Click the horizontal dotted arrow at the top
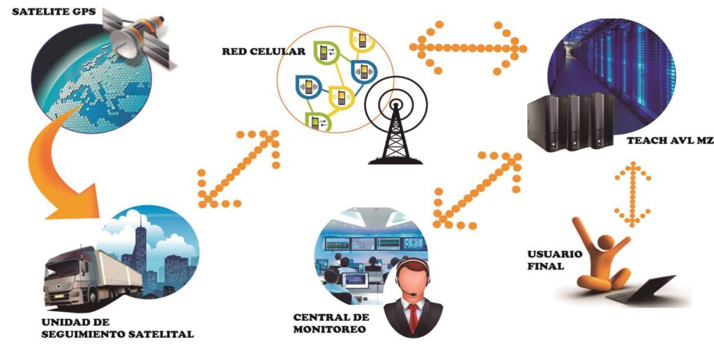pos(467,47)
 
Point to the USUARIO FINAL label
pos(556,260)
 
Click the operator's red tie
pos(413,317)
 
